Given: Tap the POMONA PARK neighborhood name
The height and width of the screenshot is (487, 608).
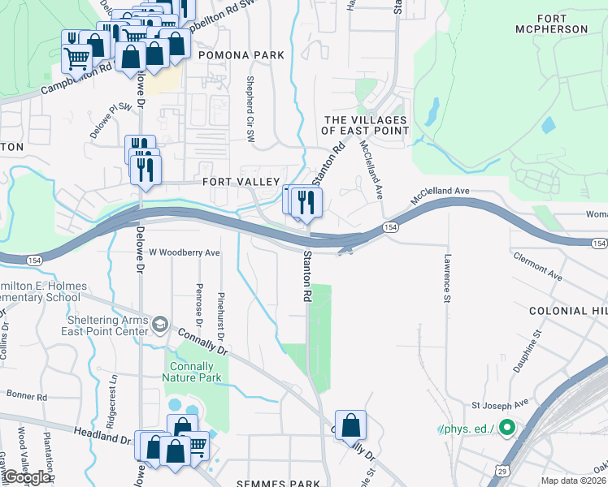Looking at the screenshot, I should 241,55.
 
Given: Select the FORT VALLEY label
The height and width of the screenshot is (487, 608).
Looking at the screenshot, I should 241,182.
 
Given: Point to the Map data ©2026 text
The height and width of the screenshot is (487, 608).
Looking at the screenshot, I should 574,481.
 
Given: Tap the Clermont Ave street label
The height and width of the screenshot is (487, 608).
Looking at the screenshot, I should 537,266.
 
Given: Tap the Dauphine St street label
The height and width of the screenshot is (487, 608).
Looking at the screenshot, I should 528,351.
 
